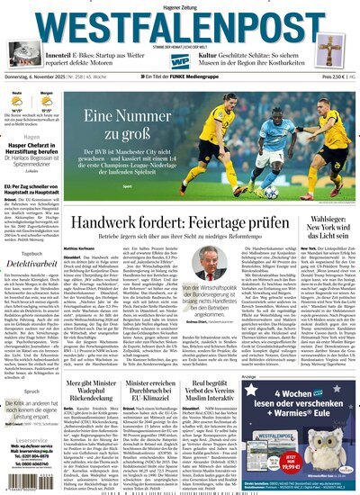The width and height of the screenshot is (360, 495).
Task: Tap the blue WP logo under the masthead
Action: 180,61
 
